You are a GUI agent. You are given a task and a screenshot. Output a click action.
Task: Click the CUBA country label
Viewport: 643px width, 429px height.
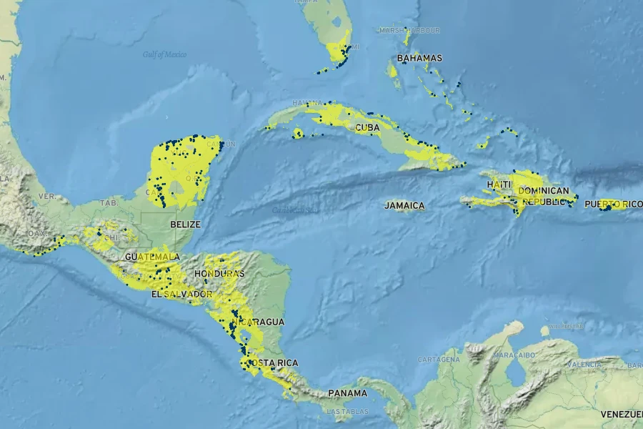(x=367, y=127)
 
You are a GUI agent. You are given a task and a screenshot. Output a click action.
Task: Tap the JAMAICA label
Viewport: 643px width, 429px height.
(x=404, y=206)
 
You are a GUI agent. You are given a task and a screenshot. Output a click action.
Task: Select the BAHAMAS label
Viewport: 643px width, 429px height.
(x=419, y=58)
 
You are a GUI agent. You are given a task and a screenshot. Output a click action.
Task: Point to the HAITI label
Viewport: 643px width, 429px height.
(x=499, y=184)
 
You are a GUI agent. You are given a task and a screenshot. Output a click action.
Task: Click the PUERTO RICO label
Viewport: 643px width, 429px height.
(x=612, y=204)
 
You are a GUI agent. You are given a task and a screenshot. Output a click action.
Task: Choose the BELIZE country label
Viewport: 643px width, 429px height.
(x=185, y=224)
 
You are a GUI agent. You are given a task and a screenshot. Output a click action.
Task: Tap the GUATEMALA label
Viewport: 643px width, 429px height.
(x=151, y=256)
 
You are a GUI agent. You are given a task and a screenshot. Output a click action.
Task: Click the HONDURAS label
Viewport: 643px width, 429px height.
(x=219, y=274)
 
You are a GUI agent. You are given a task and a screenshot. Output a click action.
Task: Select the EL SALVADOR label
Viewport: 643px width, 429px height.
(x=181, y=294)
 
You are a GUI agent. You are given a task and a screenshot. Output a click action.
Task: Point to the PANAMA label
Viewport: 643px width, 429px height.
(x=347, y=393)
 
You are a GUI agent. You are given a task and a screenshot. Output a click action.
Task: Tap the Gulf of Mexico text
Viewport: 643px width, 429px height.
(x=164, y=54)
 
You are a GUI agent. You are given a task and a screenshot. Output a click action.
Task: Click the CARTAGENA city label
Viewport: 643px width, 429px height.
(x=439, y=359)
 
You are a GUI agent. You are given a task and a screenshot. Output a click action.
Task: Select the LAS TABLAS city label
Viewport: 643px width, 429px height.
(x=347, y=411)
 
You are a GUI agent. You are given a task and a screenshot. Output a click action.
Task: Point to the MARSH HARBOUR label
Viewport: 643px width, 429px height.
(x=409, y=30)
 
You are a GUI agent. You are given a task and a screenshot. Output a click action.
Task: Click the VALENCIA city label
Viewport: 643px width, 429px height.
(x=584, y=364)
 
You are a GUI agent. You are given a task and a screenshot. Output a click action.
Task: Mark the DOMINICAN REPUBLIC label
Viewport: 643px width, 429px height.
(x=543, y=196)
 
